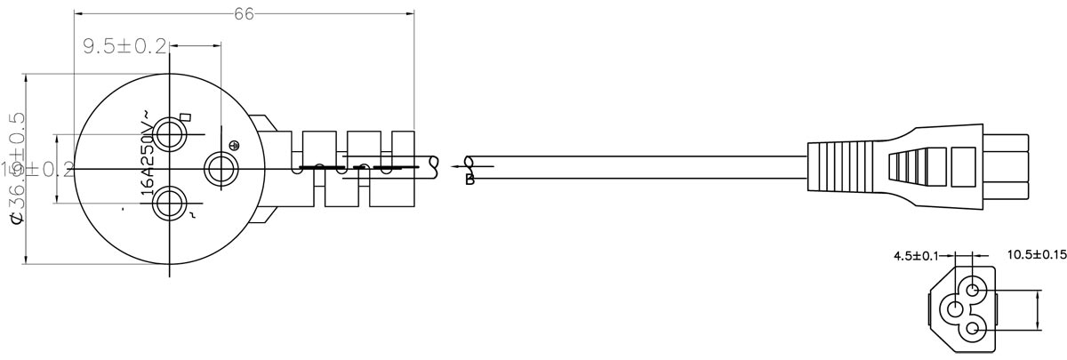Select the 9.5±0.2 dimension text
tap(125, 46)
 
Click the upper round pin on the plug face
tap(167, 135)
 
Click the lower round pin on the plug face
tap(167, 204)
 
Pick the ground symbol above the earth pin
tap(236, 146)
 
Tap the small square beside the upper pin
tap(186, 116)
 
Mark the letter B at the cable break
tap(470, 180)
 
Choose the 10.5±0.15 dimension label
tap(1036, 256)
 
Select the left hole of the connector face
tap(955, 309)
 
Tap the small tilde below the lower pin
tap(186, 216)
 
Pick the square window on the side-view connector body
tap(964, 165)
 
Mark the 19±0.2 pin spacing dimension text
tap(36, 169)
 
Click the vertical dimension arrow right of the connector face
tap(1038, 309)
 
